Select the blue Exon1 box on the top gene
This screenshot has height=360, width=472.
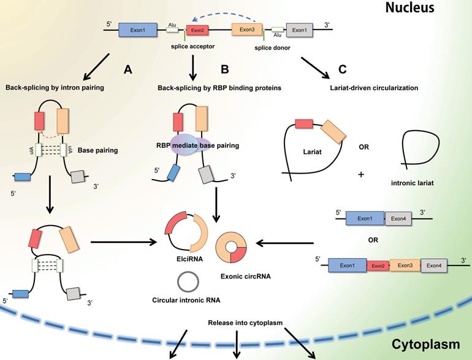(136, 29)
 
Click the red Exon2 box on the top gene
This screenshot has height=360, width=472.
(197, 29)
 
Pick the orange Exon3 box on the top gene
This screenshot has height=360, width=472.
(247, 29)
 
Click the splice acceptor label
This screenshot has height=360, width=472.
(191, 45)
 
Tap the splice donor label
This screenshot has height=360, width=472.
(272, 48)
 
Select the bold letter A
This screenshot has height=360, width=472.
(128, 70)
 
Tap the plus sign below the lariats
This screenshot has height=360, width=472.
(360, 175)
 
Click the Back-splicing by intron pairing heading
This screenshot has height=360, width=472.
(55, 88)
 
